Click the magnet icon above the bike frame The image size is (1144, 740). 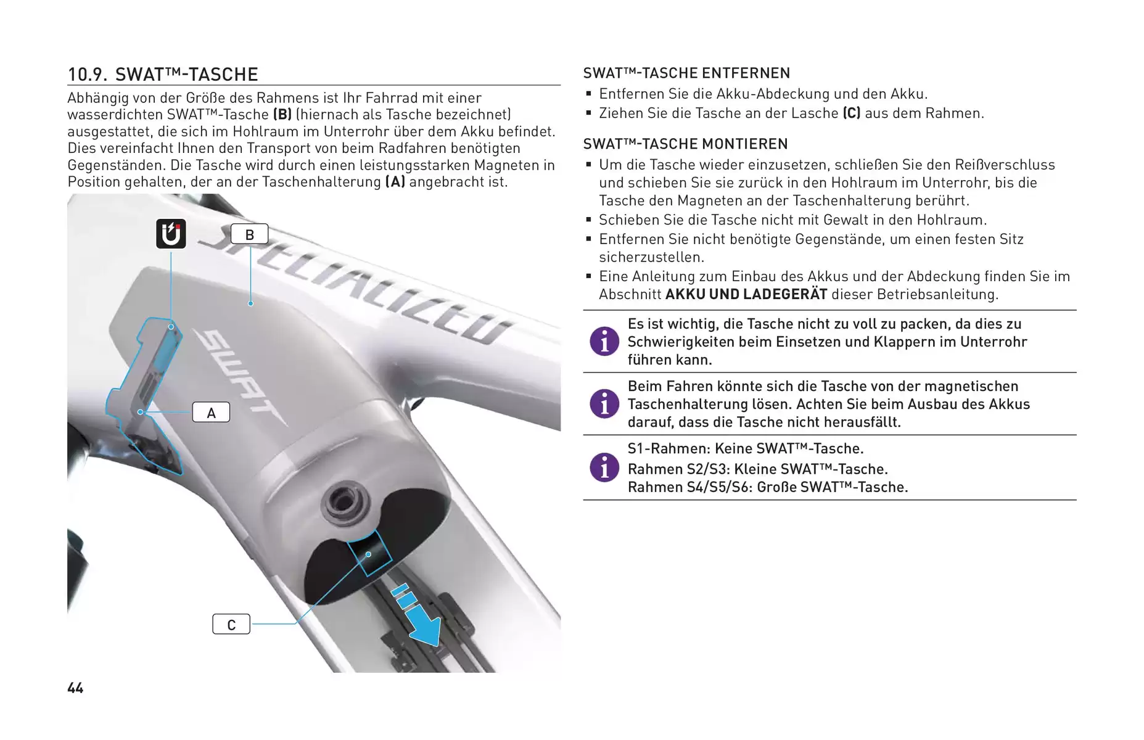171,234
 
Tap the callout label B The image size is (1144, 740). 250,234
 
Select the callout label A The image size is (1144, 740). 211,413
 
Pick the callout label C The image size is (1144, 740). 231,625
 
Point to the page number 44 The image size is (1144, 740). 75,688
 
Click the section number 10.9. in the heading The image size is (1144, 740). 88,75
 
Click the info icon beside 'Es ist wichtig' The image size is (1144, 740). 604,342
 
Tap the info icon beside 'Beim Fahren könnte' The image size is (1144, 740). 604,404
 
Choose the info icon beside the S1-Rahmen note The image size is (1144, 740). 604,467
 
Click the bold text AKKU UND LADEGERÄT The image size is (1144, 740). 746,294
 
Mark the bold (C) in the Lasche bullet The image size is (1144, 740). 852,113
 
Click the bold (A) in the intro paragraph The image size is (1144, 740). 395,182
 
